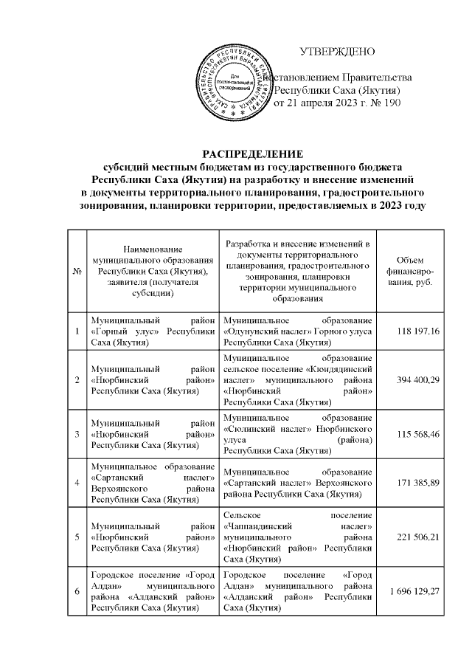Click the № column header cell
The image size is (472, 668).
(77, 273)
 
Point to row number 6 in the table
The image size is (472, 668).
(77, 588)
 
